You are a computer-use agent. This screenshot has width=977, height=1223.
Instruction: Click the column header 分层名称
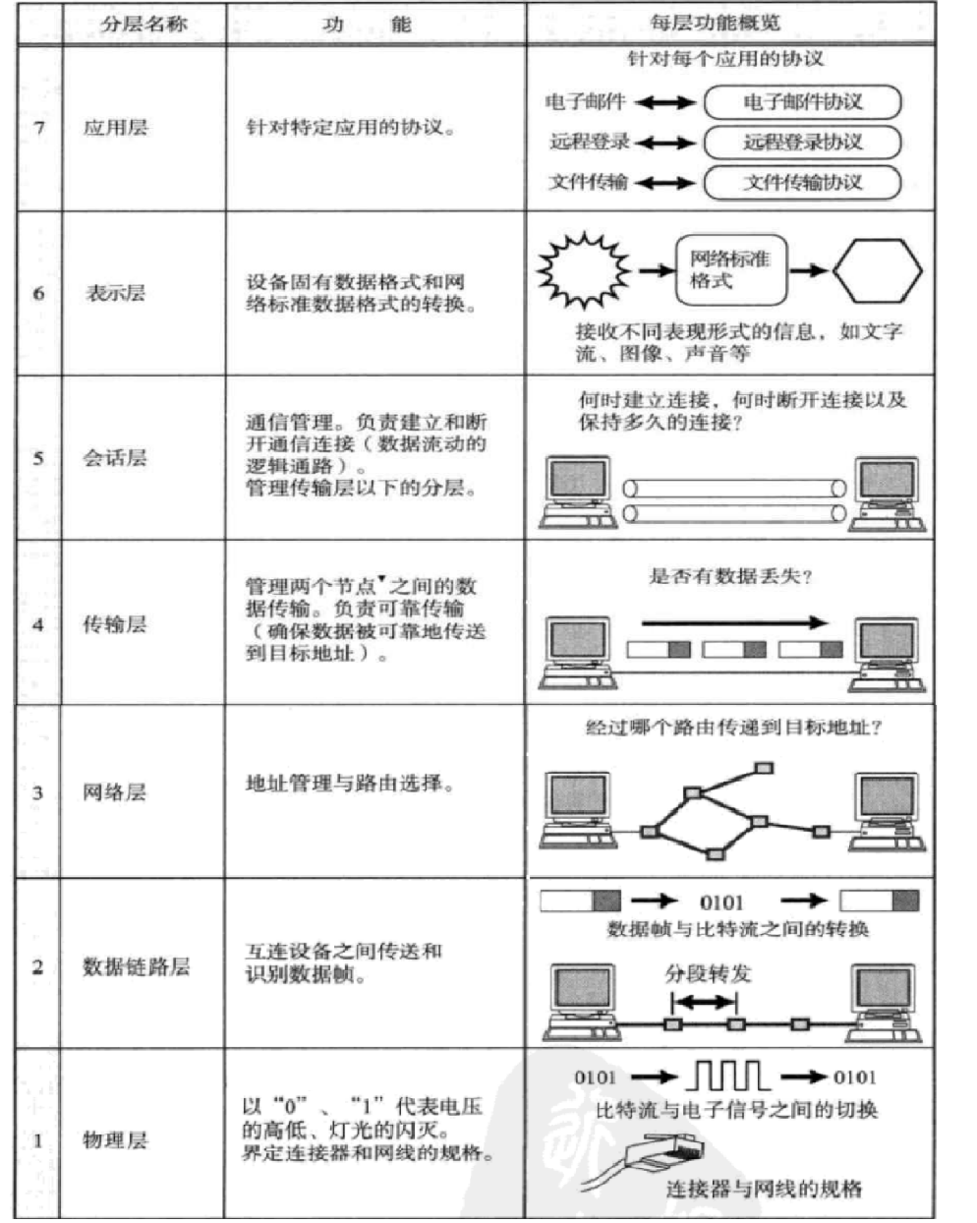144,23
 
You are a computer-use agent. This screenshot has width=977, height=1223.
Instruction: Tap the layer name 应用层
115,127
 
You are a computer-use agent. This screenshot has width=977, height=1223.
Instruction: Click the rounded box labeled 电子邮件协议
802,102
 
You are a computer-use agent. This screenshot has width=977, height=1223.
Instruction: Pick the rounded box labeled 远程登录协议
802,142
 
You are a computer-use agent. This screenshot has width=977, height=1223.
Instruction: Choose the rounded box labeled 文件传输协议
802,182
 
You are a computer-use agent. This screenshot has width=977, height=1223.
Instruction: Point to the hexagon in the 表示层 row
877,270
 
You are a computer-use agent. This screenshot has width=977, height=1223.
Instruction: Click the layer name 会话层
115,457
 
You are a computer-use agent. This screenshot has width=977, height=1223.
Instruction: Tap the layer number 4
38,624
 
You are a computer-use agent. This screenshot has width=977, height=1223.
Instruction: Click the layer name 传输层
115,624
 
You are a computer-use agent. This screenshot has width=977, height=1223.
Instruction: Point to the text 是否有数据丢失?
729,576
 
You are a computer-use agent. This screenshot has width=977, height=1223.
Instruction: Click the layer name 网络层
115,792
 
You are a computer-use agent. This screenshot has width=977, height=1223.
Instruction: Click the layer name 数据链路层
136,966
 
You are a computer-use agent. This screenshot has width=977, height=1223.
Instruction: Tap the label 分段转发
708,974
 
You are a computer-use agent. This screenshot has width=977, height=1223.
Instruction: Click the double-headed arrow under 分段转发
704,1002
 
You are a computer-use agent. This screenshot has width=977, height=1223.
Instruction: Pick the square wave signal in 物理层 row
728,1077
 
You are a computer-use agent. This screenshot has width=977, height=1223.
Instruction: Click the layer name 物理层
115,1140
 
